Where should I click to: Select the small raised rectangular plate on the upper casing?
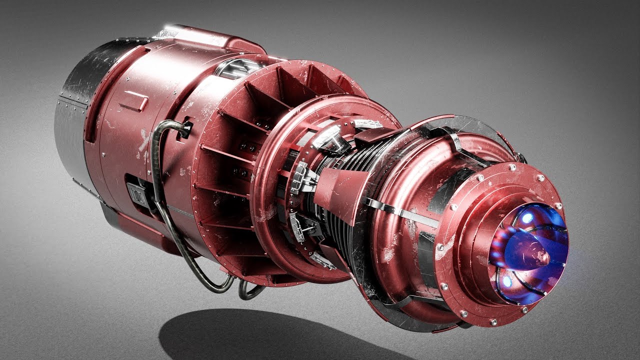tap(133, 101)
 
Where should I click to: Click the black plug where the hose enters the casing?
tap(185, 129)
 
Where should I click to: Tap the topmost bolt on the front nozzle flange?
tap(540, 177)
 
